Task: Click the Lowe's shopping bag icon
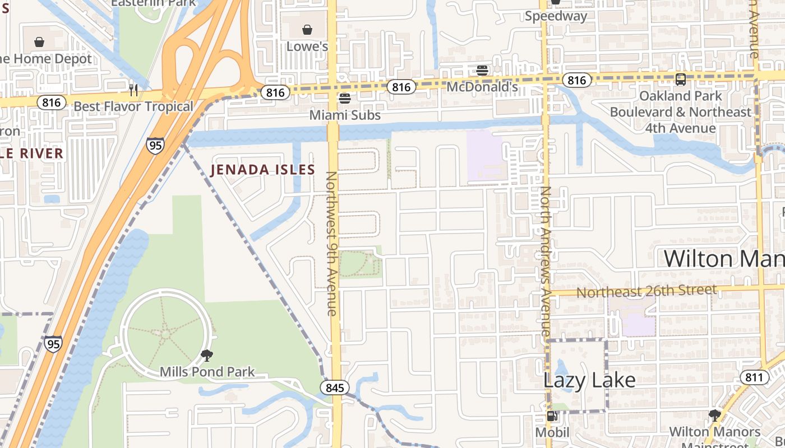[x=307, y=30]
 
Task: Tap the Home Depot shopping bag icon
[x=39, y=42]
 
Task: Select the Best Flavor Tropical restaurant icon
[x=133, y=90]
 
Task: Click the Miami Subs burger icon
[x=345, y=99]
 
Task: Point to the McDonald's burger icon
[x=482, y=71]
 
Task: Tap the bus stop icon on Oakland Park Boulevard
[x=680, y=80]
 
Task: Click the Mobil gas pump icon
[x=552, y=416]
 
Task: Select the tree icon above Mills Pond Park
[x=207, y=355]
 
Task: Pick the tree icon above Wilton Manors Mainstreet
[x=714, y=416]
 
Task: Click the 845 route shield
[x=335, y=388]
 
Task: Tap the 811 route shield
[x=754, y=377]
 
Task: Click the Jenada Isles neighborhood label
[x=262, y=170]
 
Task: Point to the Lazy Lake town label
[x=589, y=380]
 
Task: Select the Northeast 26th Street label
[x=646, y=291]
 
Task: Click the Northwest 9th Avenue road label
[x=332, y=244]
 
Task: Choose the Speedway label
[x=556, y=16]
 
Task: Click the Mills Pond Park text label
[x=207, y=372]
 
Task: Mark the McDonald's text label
[x=482, y=87]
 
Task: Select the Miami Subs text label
[x=345, y=115]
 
